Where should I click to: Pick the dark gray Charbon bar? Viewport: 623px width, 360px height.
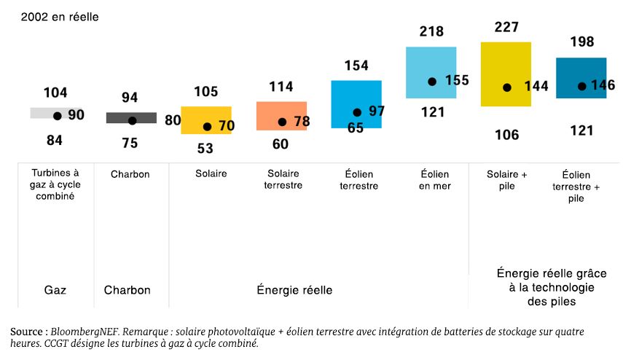pos(131,117)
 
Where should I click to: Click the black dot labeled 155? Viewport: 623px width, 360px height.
pos(432,82)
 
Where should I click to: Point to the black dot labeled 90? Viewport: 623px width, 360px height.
pos(57,116)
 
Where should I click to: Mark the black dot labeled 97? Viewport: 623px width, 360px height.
pos(357,112)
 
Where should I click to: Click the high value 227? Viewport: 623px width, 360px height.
pos(506,28)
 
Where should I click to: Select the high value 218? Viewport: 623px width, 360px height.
pos(431,32)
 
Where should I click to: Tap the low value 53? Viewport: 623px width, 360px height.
pos(205,148)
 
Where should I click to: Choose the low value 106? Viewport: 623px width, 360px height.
pos(506,135)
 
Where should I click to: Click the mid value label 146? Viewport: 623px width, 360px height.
pos(603,85)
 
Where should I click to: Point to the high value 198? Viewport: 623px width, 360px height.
pos(581,42)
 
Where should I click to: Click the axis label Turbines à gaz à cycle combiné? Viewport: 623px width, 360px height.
pos(55,185)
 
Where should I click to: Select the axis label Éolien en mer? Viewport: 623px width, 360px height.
pos(435,180)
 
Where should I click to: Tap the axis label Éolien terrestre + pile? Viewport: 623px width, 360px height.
pos(581,186)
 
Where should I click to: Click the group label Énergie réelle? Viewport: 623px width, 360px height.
pos(294,290)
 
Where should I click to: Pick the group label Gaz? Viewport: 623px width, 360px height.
pos(55,290)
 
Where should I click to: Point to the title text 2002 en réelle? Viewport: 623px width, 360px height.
pos(60,17)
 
